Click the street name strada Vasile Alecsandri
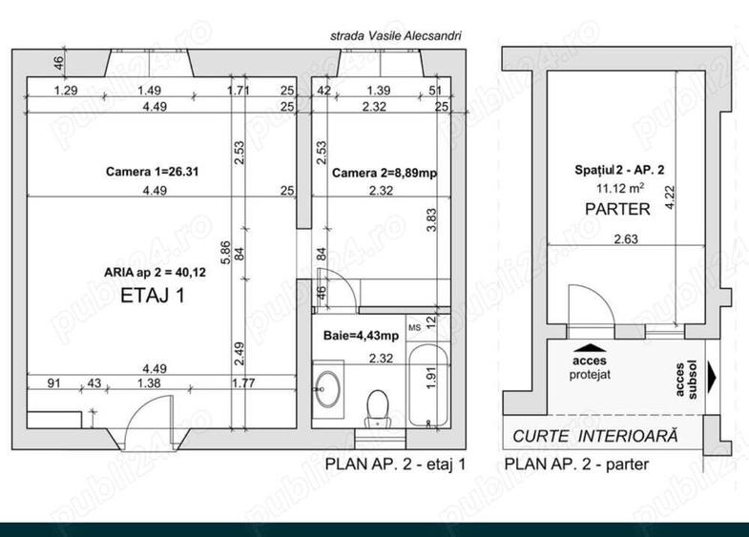click(395, 35)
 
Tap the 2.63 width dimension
click(599, 239)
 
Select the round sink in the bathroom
click(331, 387)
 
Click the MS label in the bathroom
click(414, 327)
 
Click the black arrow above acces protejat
click(592, 349)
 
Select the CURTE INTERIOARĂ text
click(595, 436)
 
